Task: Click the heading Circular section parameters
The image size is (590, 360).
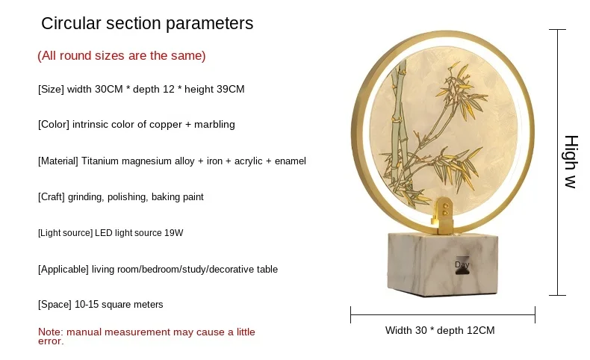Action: (x=147, y=23)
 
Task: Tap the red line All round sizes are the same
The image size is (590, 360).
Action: (x=122, y=56)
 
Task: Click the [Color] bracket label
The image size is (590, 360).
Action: (x=54, y=125)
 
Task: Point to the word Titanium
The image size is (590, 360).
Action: (x=100, y=161)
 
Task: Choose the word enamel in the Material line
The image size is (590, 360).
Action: (x=290, y=161)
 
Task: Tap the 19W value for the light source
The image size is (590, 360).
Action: (x=174, y=233)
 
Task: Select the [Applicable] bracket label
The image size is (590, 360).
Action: (x=63, y=270)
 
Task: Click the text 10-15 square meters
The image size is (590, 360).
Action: (x=119, y=304)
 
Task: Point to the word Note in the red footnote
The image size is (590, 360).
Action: (x=51, y=332)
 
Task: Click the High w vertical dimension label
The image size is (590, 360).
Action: (x=571, y=161)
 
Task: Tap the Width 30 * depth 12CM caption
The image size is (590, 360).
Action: (x=440, y=330)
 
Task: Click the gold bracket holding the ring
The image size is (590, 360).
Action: (x=444, y=216)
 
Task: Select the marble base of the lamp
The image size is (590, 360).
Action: (x=443, y=264)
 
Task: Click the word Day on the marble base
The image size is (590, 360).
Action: (x=462, y=264)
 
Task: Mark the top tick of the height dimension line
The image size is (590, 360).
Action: (x=557, y=29)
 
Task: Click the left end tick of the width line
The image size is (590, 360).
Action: (x=351, y=315)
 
